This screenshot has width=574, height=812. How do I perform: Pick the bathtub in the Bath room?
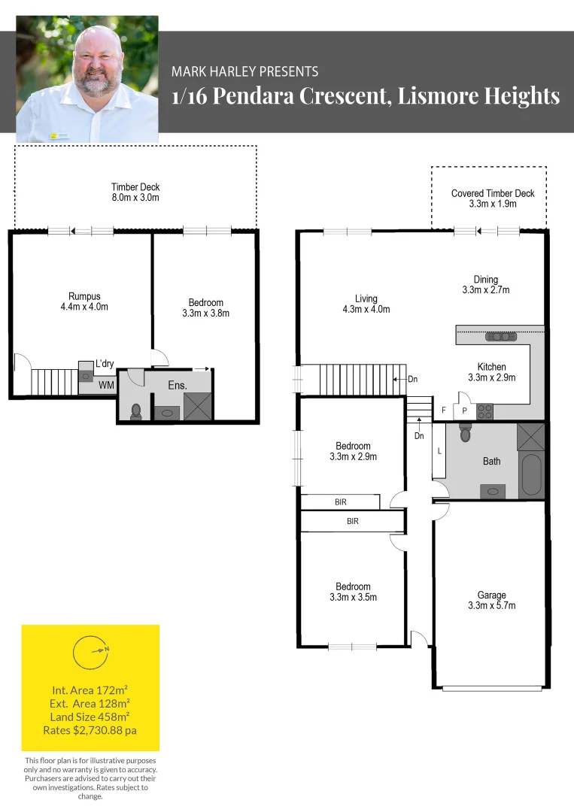532,474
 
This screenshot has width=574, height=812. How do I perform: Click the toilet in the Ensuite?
136,411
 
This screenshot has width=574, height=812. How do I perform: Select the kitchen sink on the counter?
501,337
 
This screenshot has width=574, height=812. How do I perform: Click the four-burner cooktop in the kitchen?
484,412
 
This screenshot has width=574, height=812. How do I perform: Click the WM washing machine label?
106,385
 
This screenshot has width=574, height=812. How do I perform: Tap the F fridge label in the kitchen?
444,411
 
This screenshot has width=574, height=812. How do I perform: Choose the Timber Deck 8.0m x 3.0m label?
135,192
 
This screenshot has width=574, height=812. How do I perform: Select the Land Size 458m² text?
90,717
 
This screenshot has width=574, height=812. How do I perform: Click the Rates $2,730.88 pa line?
90,730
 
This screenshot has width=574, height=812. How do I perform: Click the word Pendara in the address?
254,96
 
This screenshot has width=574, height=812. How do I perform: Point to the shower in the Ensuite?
198,407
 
